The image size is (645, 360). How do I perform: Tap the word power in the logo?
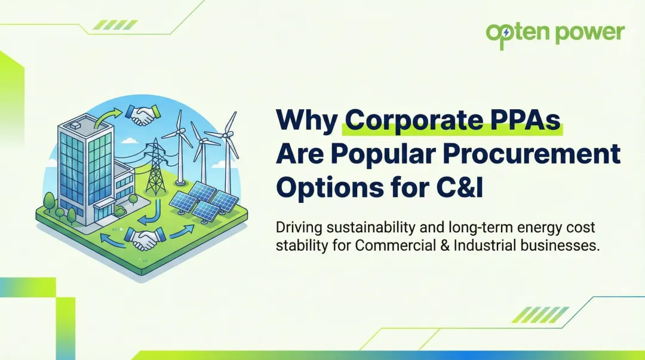(589, 33)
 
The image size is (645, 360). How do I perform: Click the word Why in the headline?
(306, 120)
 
